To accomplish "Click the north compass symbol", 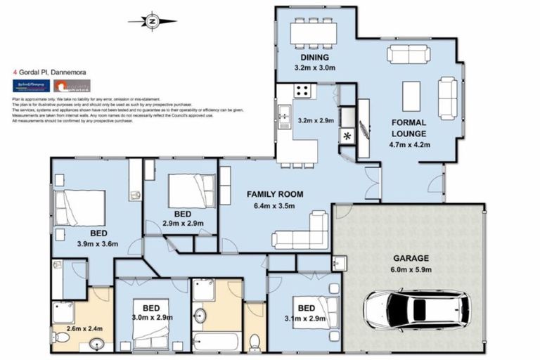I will (152, 21).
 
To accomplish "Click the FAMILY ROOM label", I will (274, 194).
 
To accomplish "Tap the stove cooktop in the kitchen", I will (303, 91).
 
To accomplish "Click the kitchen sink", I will (284, 115).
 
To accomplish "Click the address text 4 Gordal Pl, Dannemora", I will (47, 71).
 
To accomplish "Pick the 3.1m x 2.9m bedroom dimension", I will (305, 319).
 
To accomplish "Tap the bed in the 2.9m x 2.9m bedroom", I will (191, 191).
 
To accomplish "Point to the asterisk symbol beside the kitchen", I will (347, 135).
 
